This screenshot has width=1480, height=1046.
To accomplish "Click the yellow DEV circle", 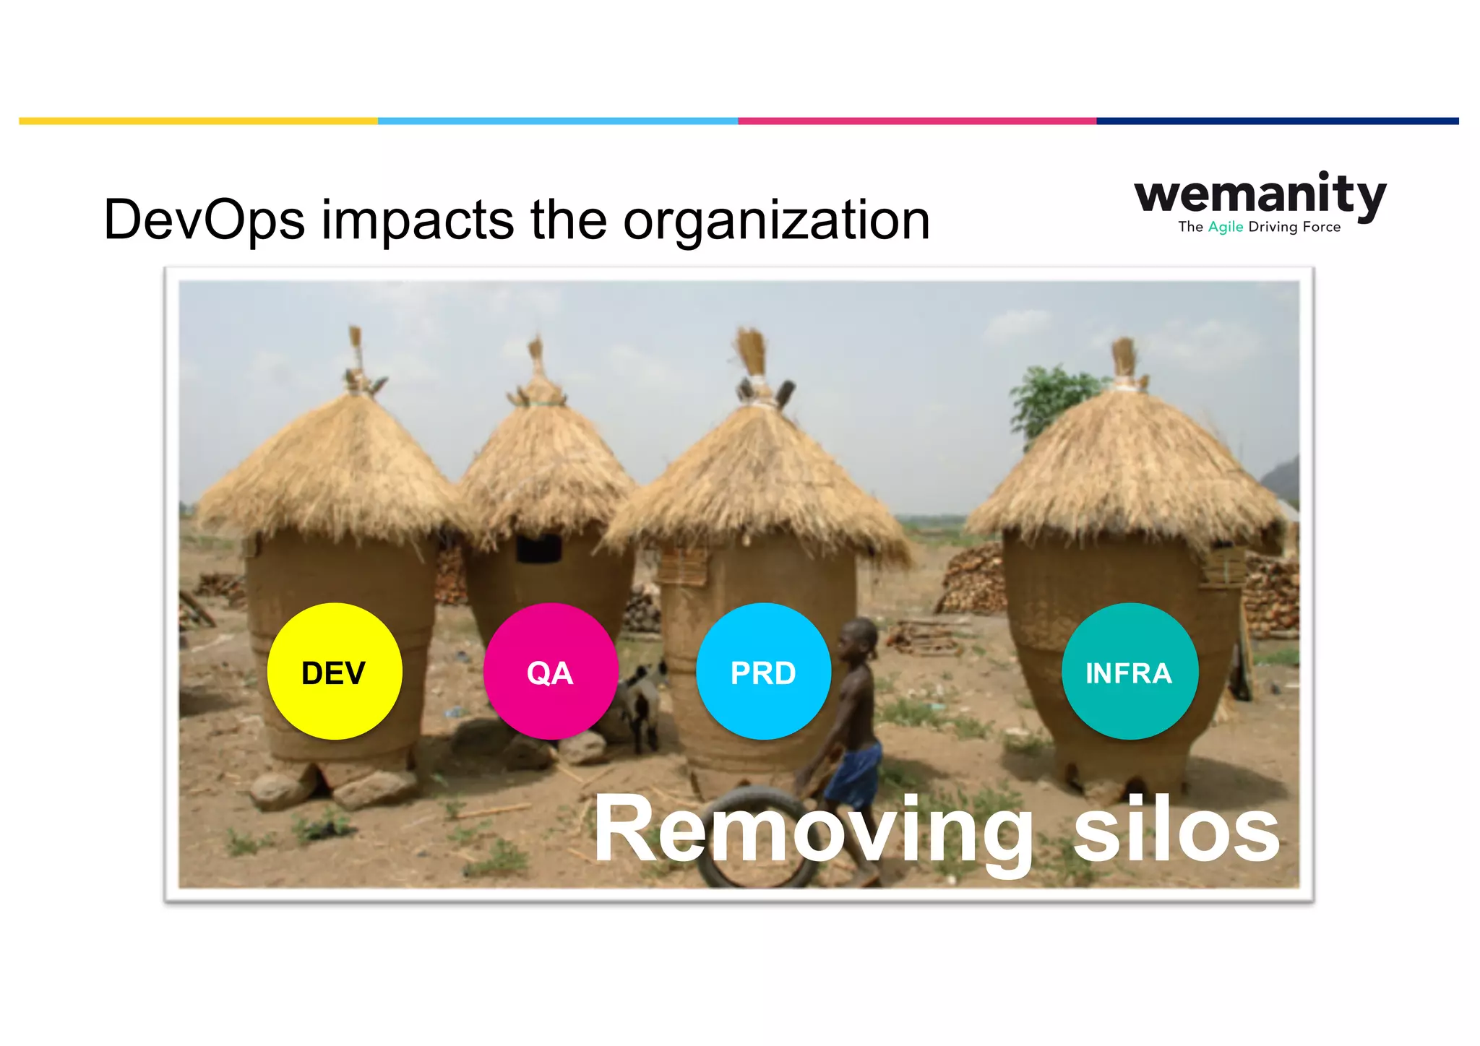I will pyautogui.click(x=334, y=671).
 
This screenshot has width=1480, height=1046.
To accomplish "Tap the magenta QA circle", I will pyautogui.click(x=550, y=671).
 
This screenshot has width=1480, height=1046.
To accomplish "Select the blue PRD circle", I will pyautogui.click(x=763, y=671).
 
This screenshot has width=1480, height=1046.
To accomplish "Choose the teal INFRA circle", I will pyautogui.click(x=1130, y=671).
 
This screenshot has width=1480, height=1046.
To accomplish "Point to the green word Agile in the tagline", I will pyautogui.click(x=1226, y=227).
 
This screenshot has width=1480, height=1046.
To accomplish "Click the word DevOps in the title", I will pyautogui.click(x=204, y=220).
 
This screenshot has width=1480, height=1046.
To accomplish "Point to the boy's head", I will pyautogui.click(x=861, y=635).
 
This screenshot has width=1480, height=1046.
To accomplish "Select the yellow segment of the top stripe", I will pyautogui.click(x=198, y=121).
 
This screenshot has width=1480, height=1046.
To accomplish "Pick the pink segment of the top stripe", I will pyautogui.click(x=916, y=121).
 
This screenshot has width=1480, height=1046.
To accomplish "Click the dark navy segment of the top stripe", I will pyautogui.click(x=1277, y=121).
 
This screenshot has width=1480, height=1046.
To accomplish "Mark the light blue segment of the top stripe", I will pyautogui.click(x=557, y=121).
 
